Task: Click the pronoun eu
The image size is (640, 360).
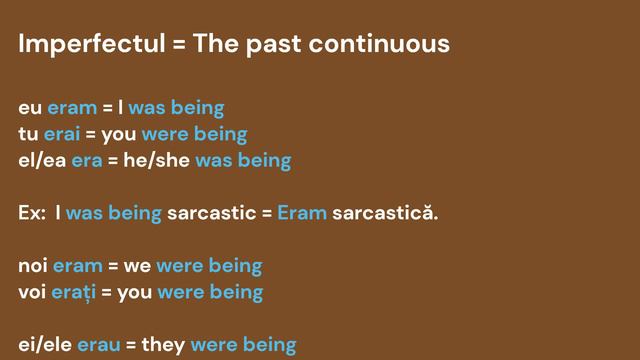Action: (30, 107)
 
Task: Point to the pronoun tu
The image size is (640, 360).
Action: (28, 133)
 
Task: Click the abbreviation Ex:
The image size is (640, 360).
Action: (32, 213)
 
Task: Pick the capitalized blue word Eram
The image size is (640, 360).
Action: (302, 213)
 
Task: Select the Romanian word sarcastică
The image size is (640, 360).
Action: (385, 213)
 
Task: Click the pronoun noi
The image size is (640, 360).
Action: (33, 266)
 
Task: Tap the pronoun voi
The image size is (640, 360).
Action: (32, 292)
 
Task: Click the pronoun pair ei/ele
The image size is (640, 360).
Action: (45, 345)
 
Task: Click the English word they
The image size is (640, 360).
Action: (163, 345)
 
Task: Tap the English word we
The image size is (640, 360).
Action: (137, 266)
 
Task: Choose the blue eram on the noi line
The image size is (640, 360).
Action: (77, 266)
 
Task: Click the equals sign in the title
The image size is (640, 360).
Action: (176, 45)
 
